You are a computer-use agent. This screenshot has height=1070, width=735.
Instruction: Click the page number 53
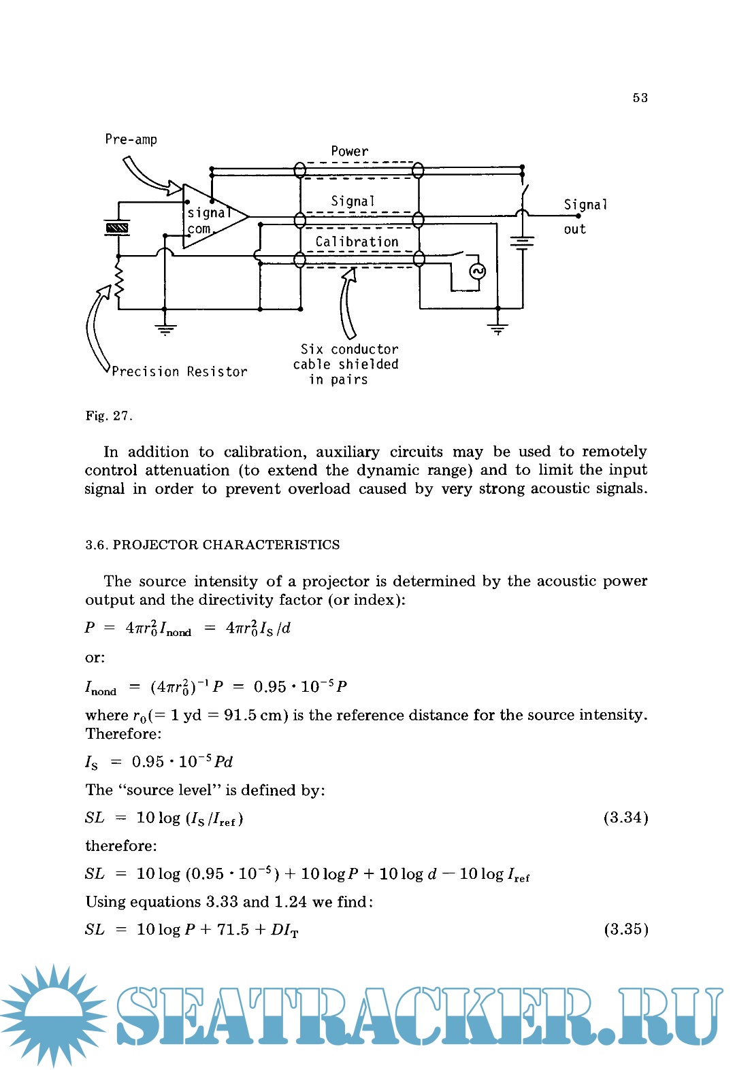(640, 98)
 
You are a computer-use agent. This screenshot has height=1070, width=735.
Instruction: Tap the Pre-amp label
(131, 139)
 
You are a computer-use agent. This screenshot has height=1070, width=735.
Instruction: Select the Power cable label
(350, 151)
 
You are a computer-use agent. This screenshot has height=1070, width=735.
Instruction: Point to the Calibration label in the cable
(357, 241)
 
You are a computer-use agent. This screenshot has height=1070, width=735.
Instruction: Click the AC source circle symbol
(478, 272)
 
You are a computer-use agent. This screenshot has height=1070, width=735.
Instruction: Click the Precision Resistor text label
(179, 371)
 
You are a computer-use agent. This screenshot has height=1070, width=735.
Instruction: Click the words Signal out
(585, 216)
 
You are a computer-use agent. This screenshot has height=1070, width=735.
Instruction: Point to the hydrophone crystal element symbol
(117, 228)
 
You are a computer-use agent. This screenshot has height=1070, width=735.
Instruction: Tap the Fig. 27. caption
(109, 416)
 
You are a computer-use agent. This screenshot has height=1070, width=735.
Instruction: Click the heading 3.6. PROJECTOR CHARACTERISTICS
(212, 545)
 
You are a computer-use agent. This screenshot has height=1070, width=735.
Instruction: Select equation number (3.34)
(625, 818)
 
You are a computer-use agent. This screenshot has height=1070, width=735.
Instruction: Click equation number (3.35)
(625, 929)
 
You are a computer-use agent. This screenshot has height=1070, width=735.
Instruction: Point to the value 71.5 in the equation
(233, 929)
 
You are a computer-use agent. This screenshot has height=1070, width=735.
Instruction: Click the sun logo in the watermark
(53, 1014)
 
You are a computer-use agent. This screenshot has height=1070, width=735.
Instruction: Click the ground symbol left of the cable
(165, 330)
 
